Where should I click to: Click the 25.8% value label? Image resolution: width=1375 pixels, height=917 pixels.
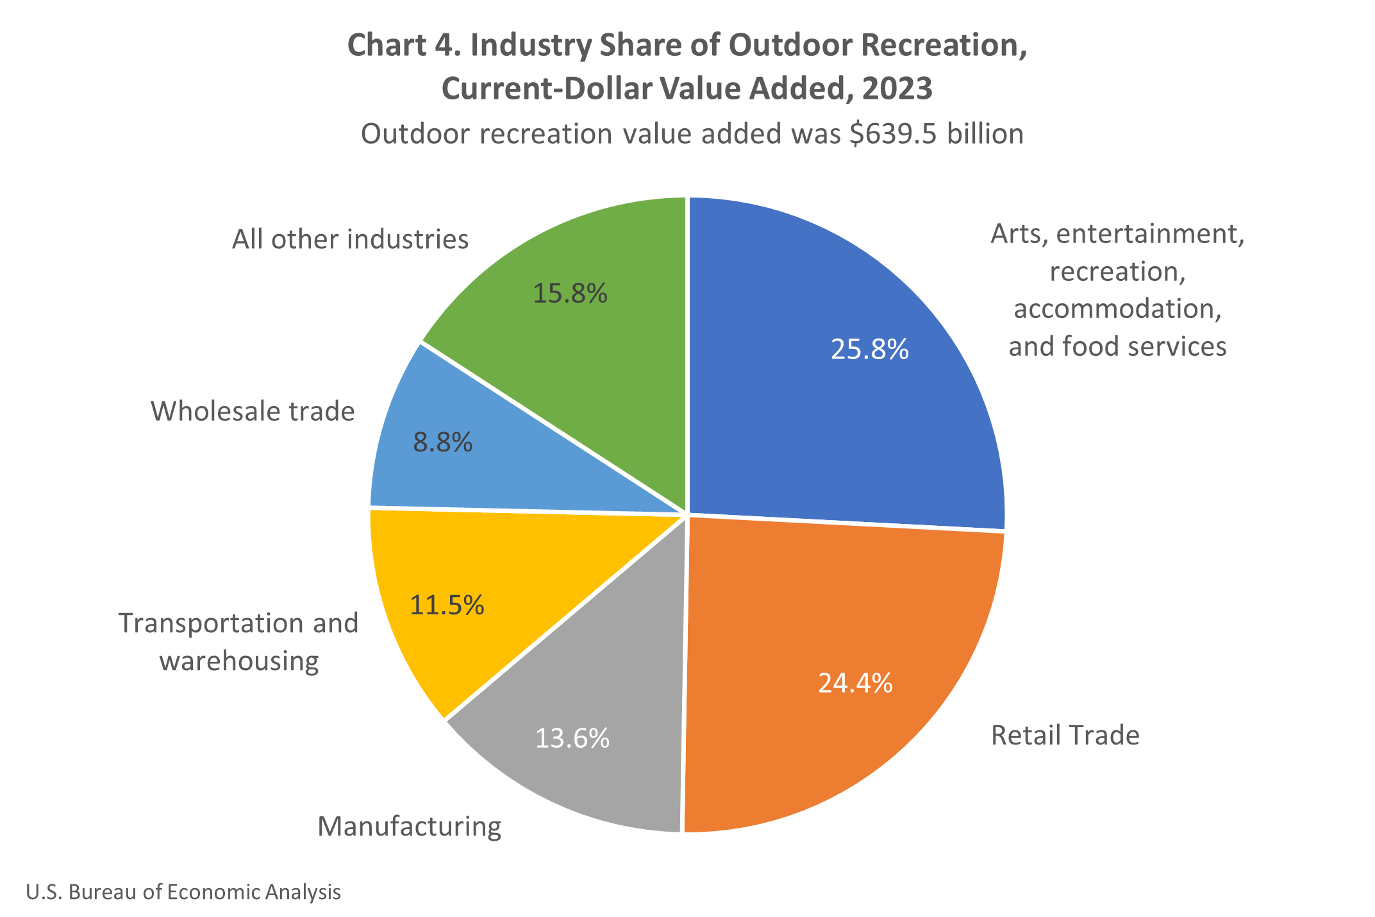coord(869,349)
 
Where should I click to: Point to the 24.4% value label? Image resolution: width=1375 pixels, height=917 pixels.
coord(855,684)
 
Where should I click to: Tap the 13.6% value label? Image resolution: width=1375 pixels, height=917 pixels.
coord(572,739)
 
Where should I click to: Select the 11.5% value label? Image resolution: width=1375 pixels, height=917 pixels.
coord(447,605)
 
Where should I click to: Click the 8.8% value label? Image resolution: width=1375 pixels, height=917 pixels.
coord(442,442)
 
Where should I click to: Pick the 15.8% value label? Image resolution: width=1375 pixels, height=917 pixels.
coord(570,294)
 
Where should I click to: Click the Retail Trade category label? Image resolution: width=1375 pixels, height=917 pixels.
coord(1065,736)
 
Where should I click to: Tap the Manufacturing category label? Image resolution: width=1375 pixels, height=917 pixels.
coord(409,827)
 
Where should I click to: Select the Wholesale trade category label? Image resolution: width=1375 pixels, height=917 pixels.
coord(253,412)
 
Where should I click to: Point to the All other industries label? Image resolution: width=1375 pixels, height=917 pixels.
coord(350,240)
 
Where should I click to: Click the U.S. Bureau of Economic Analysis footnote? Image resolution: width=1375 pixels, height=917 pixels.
coord(183,892)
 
